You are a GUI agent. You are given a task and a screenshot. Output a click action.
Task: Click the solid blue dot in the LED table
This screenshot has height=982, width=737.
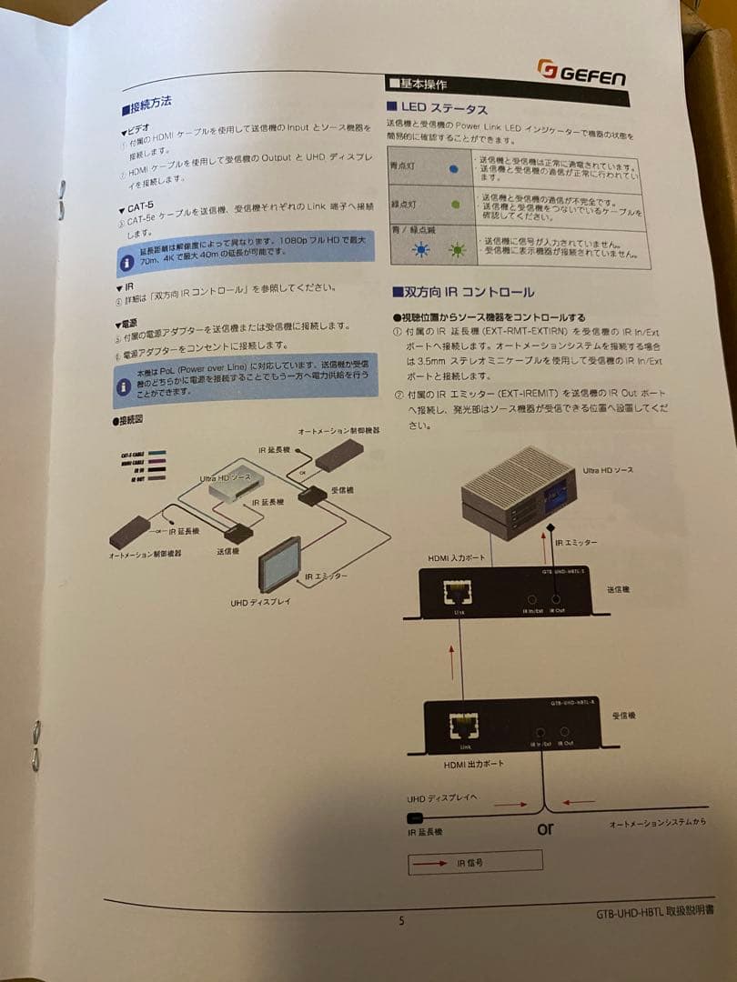[x=453, y=169]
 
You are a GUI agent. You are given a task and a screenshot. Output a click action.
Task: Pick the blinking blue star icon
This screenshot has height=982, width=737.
[x=421, y=251]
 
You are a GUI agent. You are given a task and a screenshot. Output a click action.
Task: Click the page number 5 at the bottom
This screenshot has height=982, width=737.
[x=401, y=920]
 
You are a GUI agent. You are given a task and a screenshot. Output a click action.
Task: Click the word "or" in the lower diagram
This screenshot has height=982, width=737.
[x=545, y=828]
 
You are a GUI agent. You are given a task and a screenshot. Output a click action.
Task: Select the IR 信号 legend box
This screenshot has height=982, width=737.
[x=474, y=861]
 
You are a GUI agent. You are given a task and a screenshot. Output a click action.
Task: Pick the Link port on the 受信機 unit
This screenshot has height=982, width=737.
[x=465, y=728]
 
